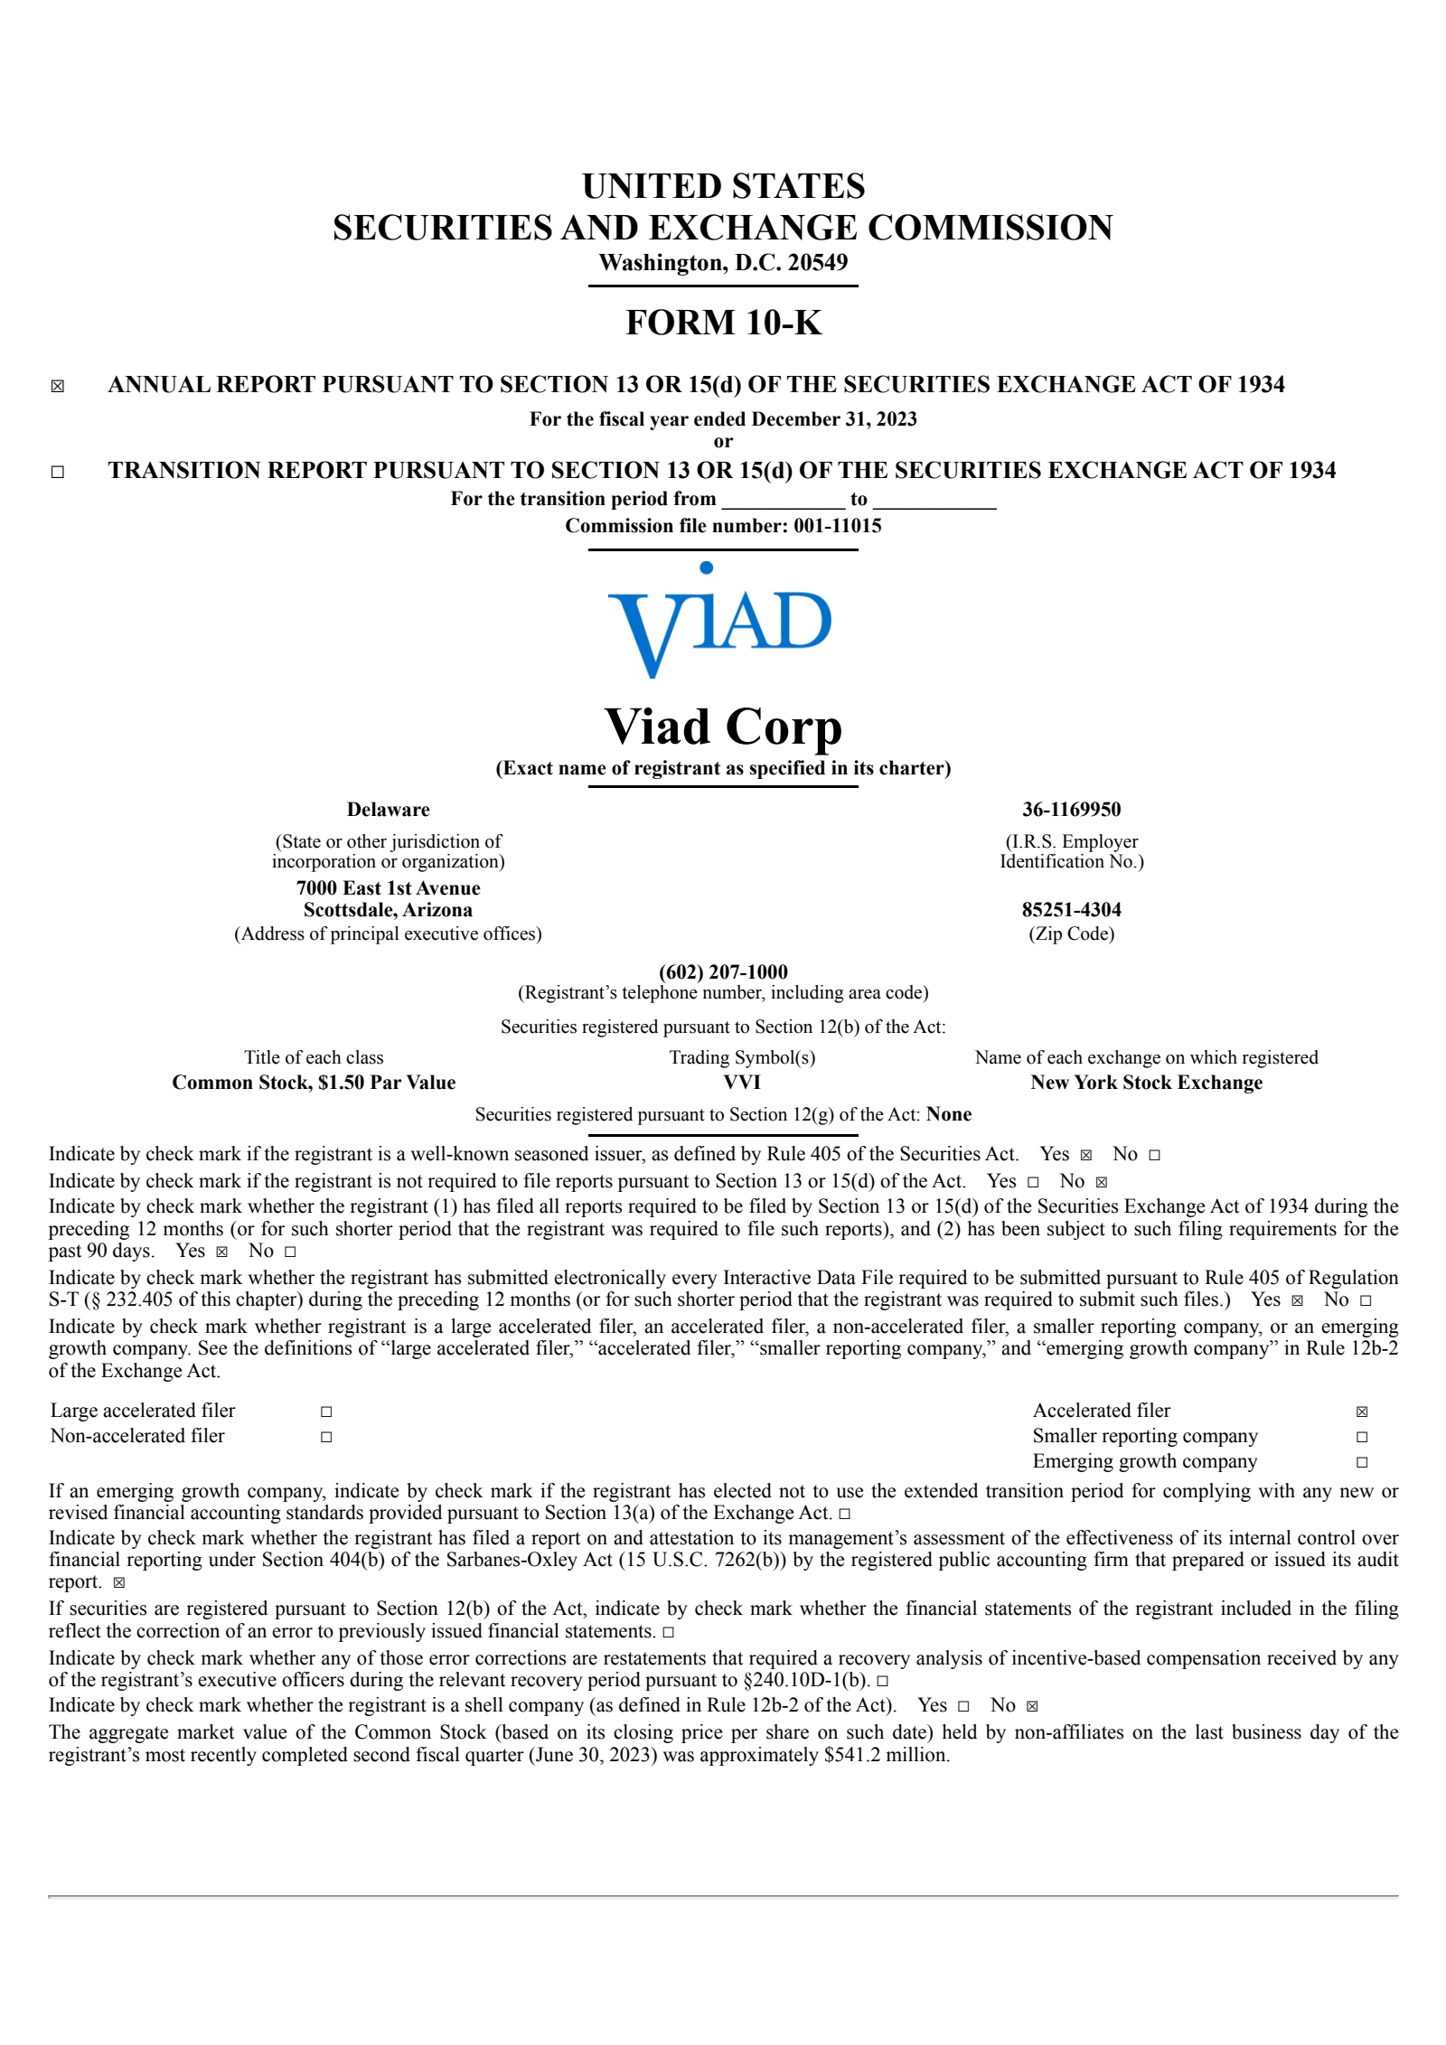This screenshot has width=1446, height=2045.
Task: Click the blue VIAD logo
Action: coord(720,620)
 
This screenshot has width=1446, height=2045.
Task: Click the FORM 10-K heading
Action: coord(723,323)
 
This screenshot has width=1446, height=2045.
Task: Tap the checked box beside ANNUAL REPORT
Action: coord(58,387)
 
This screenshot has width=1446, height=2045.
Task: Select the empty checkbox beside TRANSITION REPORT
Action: coord(58,472)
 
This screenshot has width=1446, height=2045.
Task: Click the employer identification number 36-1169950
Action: coord(1071,810)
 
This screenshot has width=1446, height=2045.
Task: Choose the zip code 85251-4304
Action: coord(1071,910)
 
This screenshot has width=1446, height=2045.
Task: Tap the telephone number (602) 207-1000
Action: coord(723,972)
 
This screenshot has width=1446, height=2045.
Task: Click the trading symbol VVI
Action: coord(742,1083)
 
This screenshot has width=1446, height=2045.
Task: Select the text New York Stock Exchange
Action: coord(1146,1083)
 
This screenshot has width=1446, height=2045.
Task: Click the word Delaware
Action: coord(388,810)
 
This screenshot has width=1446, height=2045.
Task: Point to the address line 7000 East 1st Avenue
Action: coord(388,888)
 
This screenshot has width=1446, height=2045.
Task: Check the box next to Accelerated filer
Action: coord(1362,1412)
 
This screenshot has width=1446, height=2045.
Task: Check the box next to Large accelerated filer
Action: coord(326,1412)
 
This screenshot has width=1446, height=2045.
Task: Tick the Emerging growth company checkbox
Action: coord(1362,1462)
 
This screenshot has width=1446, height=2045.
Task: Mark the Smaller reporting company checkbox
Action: coord(1362,1437)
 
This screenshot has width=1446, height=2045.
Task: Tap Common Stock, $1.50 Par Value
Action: coord(314,1083)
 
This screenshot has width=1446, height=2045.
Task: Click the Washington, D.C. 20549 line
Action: coord(723,263)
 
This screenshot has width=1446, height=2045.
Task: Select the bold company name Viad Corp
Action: coord(723,727)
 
